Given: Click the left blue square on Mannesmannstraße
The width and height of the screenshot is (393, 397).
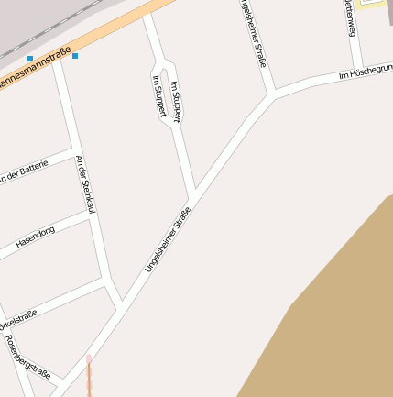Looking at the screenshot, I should point(30,59).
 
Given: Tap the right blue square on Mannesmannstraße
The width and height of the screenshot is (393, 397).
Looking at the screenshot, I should point(75,56).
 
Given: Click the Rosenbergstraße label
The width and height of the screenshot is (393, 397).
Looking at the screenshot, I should point(27,357).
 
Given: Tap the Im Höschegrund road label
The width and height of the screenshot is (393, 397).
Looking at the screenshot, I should point(366,72).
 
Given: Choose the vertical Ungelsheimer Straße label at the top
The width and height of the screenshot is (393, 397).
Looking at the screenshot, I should point(252,32).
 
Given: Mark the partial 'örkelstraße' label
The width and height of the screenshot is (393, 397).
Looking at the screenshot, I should point(18,320).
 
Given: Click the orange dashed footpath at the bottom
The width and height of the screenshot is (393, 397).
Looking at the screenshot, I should point(89,376).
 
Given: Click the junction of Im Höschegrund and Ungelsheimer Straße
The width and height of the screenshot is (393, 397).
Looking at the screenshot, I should point(272,94).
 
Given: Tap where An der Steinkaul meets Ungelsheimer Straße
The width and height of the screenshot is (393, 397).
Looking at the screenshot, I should point(118,300).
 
